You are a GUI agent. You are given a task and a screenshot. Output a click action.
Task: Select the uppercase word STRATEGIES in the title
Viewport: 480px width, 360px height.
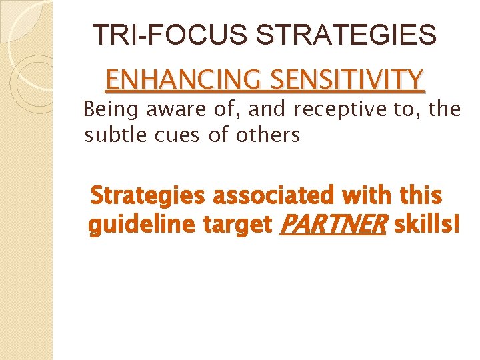click(347, 35)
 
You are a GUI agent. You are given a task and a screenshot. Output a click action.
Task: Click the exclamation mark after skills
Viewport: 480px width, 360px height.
click(456, 226)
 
